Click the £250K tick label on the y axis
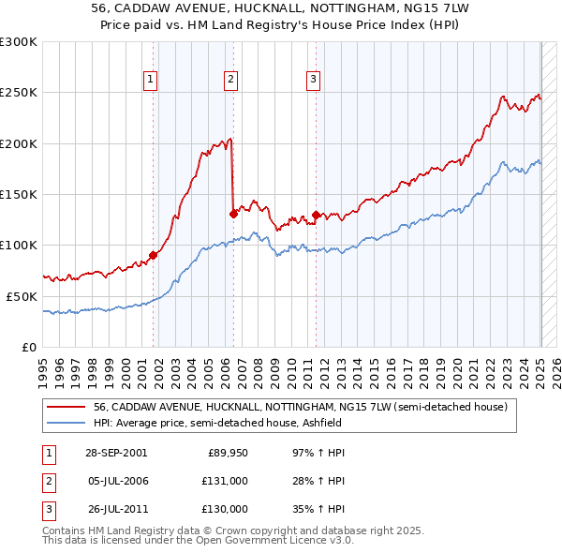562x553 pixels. point(19,93)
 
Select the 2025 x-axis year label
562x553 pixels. point(541,370)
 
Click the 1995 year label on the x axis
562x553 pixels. point(44,370)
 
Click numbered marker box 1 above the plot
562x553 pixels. point(151,80)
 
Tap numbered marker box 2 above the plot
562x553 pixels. point(230,80)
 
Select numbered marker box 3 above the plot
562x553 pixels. point(313,80)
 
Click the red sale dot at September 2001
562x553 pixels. point(154,255)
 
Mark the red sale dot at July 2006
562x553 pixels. point(232,214)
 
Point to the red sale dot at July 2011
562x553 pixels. point(316,215)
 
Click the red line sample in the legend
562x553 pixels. point(67,407)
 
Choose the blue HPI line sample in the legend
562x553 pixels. point(67,423)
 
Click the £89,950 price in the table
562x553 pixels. point(228,453)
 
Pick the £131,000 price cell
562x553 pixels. point(226,481)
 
